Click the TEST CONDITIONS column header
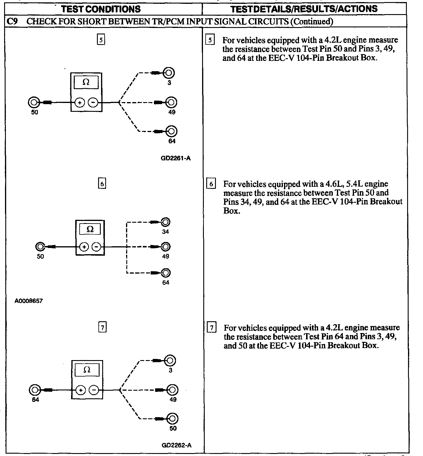(x=101, y=9)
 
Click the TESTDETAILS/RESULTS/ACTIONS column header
(x=304, y=9)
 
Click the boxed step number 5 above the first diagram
(x=101, y=40)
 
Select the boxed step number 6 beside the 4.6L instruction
(x=211, y=184)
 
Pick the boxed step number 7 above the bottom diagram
(x=102, y=327)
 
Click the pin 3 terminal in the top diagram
(x=169, y=73)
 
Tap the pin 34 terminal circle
(x=166, y=222)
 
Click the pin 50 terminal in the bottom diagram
(x=172, y=418)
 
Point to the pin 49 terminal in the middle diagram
(x=166, y=247)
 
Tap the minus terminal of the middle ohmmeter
(x=97, y=247)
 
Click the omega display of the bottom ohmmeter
(x=87, y=370)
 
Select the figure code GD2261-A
(x=176, y=158)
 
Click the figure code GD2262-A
(x=177, y=445)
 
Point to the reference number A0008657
(x=28, y=301)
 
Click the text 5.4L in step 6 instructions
(x=357, y=184)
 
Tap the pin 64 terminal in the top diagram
(x=171, y=131)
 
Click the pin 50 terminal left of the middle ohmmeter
(x=40, y=247)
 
